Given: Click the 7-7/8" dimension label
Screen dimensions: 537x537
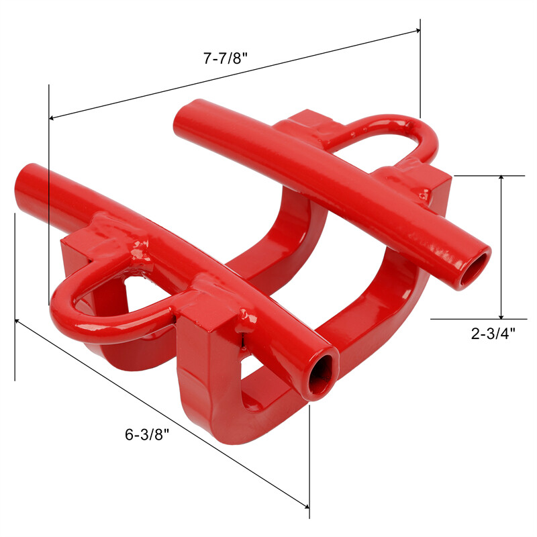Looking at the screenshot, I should [x=226, y=58].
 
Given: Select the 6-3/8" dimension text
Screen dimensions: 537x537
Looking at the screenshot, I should [x=146, y=434].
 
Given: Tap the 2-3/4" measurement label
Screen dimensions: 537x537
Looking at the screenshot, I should [x=493, y=334].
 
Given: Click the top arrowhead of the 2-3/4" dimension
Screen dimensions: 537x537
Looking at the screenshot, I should [x=501, y=180].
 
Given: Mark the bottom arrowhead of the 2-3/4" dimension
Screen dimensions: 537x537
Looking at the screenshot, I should [x=501, y=315].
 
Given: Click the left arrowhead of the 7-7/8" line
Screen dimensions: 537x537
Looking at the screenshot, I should [x=53, y=118].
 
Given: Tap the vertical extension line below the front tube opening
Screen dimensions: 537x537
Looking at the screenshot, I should [x=309, y=463].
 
